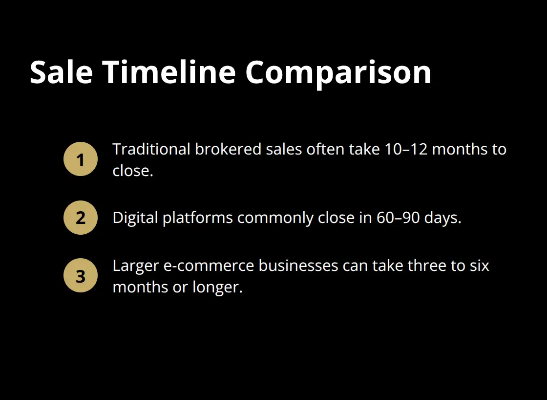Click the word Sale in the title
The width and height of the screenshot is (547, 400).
click(x=61, y=72)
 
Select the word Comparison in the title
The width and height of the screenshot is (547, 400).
click(x=338, y=72)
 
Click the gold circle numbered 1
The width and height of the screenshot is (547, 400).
click(x=81, y=159)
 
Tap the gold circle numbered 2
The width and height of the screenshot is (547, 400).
click(x=81, y=218)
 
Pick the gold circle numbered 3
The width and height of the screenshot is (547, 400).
click(x=81, y=276)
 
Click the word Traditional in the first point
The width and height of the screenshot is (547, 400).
click(x=151, y=149)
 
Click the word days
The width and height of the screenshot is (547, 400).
click(x=442, y=218)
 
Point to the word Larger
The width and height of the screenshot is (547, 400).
click(x=134, y=266)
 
